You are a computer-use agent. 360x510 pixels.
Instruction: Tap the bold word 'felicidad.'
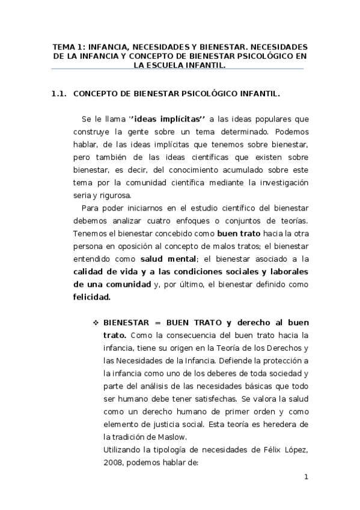92,296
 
